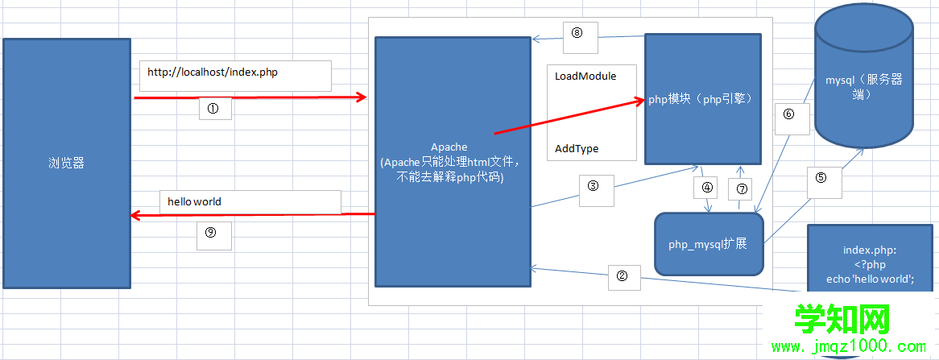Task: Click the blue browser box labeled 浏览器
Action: [66, 163]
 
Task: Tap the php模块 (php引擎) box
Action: [703, 99]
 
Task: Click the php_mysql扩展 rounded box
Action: [709, 243]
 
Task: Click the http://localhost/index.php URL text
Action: [213, 72]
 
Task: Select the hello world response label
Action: [194, 201]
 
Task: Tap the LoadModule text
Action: [585, 76]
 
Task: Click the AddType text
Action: [577, 149]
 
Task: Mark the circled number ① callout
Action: [215, 109]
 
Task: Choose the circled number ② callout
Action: [622, 275]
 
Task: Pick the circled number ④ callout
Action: [707, 188]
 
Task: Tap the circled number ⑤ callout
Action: [821, 179]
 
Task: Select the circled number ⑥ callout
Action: [789, 115]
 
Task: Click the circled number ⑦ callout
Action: [743, 190]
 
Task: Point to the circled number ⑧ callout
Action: [577, 32]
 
